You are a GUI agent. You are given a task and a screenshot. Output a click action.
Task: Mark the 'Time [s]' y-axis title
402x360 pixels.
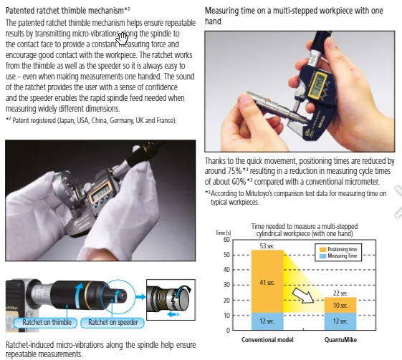tap(224, 233)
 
